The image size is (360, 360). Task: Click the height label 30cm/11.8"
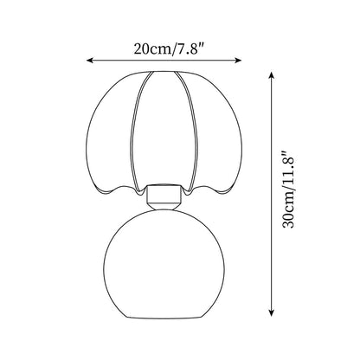(288, 190)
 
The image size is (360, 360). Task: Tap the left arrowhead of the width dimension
(89, 60)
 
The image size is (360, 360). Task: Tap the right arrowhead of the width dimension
(238, 60)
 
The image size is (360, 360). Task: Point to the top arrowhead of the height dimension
(271, 75)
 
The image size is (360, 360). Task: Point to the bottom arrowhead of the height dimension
(271, 313)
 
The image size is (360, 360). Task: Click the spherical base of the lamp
(164, 264)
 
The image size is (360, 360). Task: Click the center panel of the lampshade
(164, 130)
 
